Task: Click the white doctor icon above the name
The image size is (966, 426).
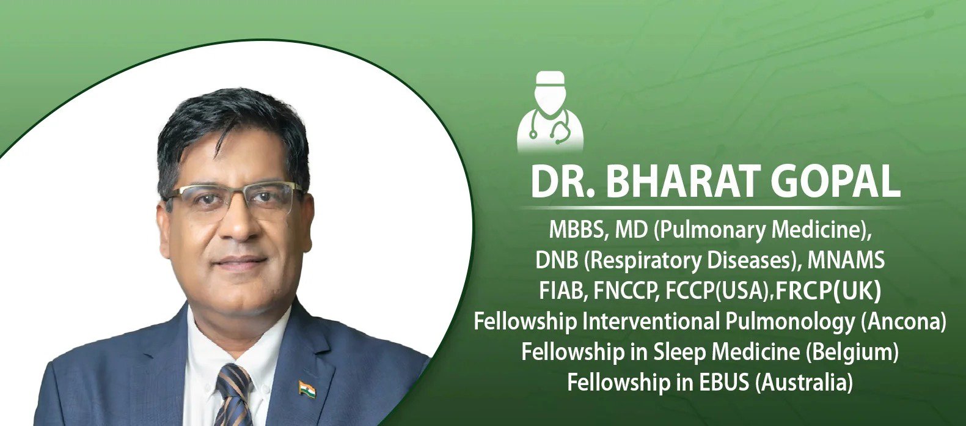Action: [550, 111]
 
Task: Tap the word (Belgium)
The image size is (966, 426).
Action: [852, 352]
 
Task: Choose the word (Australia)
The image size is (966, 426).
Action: [804, 383]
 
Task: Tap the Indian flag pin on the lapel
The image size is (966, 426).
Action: [307, 389]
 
